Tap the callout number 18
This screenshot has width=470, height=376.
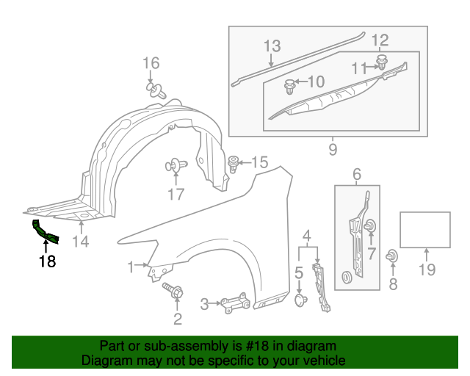pyautogui.click(x=47, y=261)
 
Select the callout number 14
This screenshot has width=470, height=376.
pyautogui.click(x=80, y=242)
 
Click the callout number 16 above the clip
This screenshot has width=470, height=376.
pyautogui.click(x=151, y=63)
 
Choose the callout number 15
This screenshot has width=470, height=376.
pyautogui.click(x=261, y=162)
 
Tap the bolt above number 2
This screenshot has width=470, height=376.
pyautogui.click(x=176, y=293)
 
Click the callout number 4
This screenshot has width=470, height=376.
pyautogui.click(x=307, y=236)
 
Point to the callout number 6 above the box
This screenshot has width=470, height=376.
pyautogui.click(x=357, y=174)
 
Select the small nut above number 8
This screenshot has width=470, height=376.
pyautogui.click(x=393, y=256)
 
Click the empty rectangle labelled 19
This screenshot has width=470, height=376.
pyautogui.click(x=424, y=229)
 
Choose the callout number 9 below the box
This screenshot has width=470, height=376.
pyautogui.click(x=332, y=150)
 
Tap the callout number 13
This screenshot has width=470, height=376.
pyautogui.click(x=272, y=46)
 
